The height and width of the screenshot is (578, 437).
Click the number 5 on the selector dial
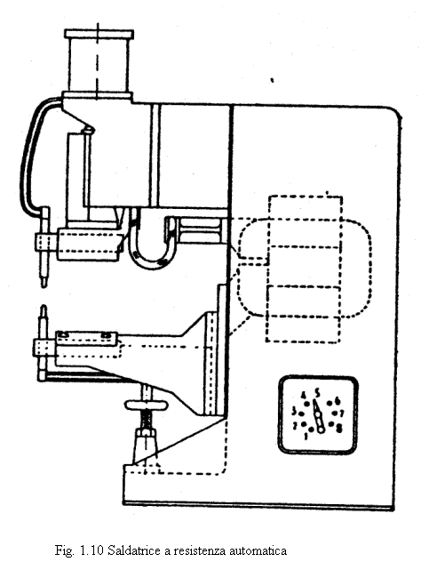pyautogui.click(x=317, y=394)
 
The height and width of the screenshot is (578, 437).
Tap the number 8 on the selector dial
pyautogui.click(x=339, y=428)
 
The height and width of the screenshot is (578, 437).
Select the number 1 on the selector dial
pyautogui.click(x=306, y=437)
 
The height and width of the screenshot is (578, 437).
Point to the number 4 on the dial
pyautogui.click(x=304, y=396)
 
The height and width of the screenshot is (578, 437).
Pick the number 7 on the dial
pyautogui.click(x=342, y=413)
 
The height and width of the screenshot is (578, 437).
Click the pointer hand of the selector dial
pyautogui.click(x=318, y=415)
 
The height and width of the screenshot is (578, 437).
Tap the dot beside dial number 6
pyautogui.click(x=330, y=403)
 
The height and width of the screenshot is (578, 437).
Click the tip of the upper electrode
pyautogui.click(x=44, y=285)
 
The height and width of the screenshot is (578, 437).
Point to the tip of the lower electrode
pyautogui.click(x=44, y=306)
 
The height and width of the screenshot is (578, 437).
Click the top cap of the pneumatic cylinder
pyautogui.click(x=99, y=35)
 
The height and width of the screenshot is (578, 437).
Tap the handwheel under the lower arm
pyautogui.click(x=147, y=405)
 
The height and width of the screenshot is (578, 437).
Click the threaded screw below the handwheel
pyautogui.click(x=147, y=420)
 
